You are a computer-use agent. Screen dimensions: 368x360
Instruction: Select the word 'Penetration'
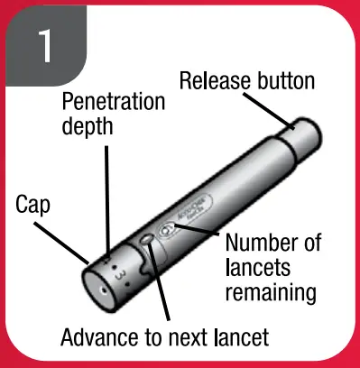pyautogui.click(x=114, y=100)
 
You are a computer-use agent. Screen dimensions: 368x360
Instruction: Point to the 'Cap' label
pyautogui.click(x=32, y=205)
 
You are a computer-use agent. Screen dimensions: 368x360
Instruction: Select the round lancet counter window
pyautogui.click(x=165, y=229)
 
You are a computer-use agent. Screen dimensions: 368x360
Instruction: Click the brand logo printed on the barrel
pyautogui.click(x=193, y=216)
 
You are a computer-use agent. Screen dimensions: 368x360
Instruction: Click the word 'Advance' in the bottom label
pyautogui.click(x=96, y=339)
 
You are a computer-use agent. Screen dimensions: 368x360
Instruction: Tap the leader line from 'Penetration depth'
pyautogui.click(x=107, y=198)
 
